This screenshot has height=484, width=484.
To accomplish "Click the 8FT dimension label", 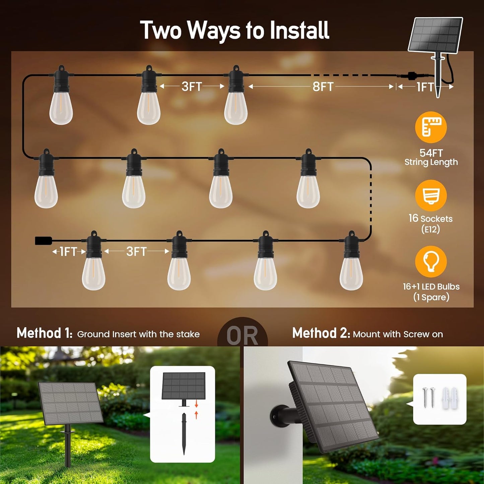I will (323, 87).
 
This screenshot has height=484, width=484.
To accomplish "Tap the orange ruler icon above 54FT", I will (431, 127).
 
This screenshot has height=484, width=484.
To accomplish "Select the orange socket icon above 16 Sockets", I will (431, 196).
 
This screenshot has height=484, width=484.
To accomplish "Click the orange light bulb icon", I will (431, 262).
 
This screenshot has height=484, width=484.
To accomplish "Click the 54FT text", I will (431, 153).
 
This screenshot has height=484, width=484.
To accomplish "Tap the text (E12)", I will (430, 229).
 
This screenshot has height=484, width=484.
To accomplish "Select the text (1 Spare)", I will (431, 297).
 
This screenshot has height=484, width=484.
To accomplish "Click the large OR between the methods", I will (243, 335).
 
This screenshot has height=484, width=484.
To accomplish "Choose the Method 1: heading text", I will (45, 333).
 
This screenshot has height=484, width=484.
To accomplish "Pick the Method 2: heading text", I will (321, 333).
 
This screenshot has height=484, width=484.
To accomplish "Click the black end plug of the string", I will (44, 240).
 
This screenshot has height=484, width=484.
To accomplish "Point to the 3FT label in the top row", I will (192, 87).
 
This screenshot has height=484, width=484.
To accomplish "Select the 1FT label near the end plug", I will (68, 252).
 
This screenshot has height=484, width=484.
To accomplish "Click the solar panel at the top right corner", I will (435, 35).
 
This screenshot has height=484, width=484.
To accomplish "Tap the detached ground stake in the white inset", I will (184, 433).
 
